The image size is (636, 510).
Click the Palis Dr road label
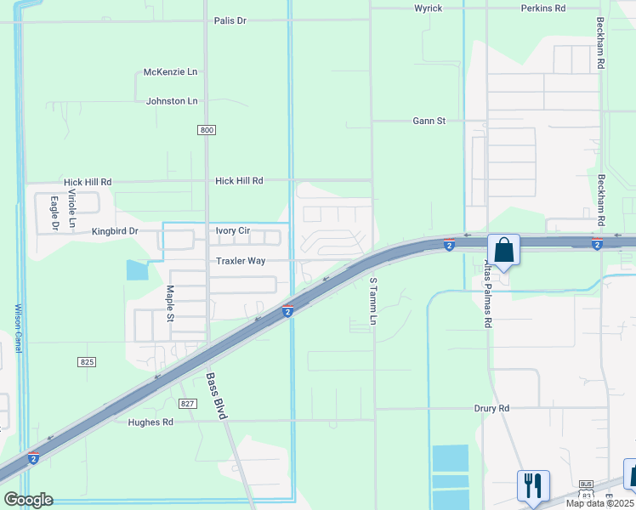coord(230,20)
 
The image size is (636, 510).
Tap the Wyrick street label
coord(428,8)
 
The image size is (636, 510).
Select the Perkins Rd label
coord(543,8)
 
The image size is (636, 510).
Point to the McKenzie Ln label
coord(170,72)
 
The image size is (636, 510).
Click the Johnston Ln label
coord(172,101)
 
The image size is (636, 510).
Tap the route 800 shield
coord(207,130)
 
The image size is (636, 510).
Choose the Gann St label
coord(429,122)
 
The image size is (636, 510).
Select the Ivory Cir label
coord(232,231)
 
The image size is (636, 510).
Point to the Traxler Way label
coord(241,261)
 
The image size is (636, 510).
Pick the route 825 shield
coord(87,362)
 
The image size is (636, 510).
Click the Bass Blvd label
coord(218,395)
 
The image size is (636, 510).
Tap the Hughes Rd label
coord(150,422)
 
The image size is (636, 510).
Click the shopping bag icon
coord(503,251)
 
